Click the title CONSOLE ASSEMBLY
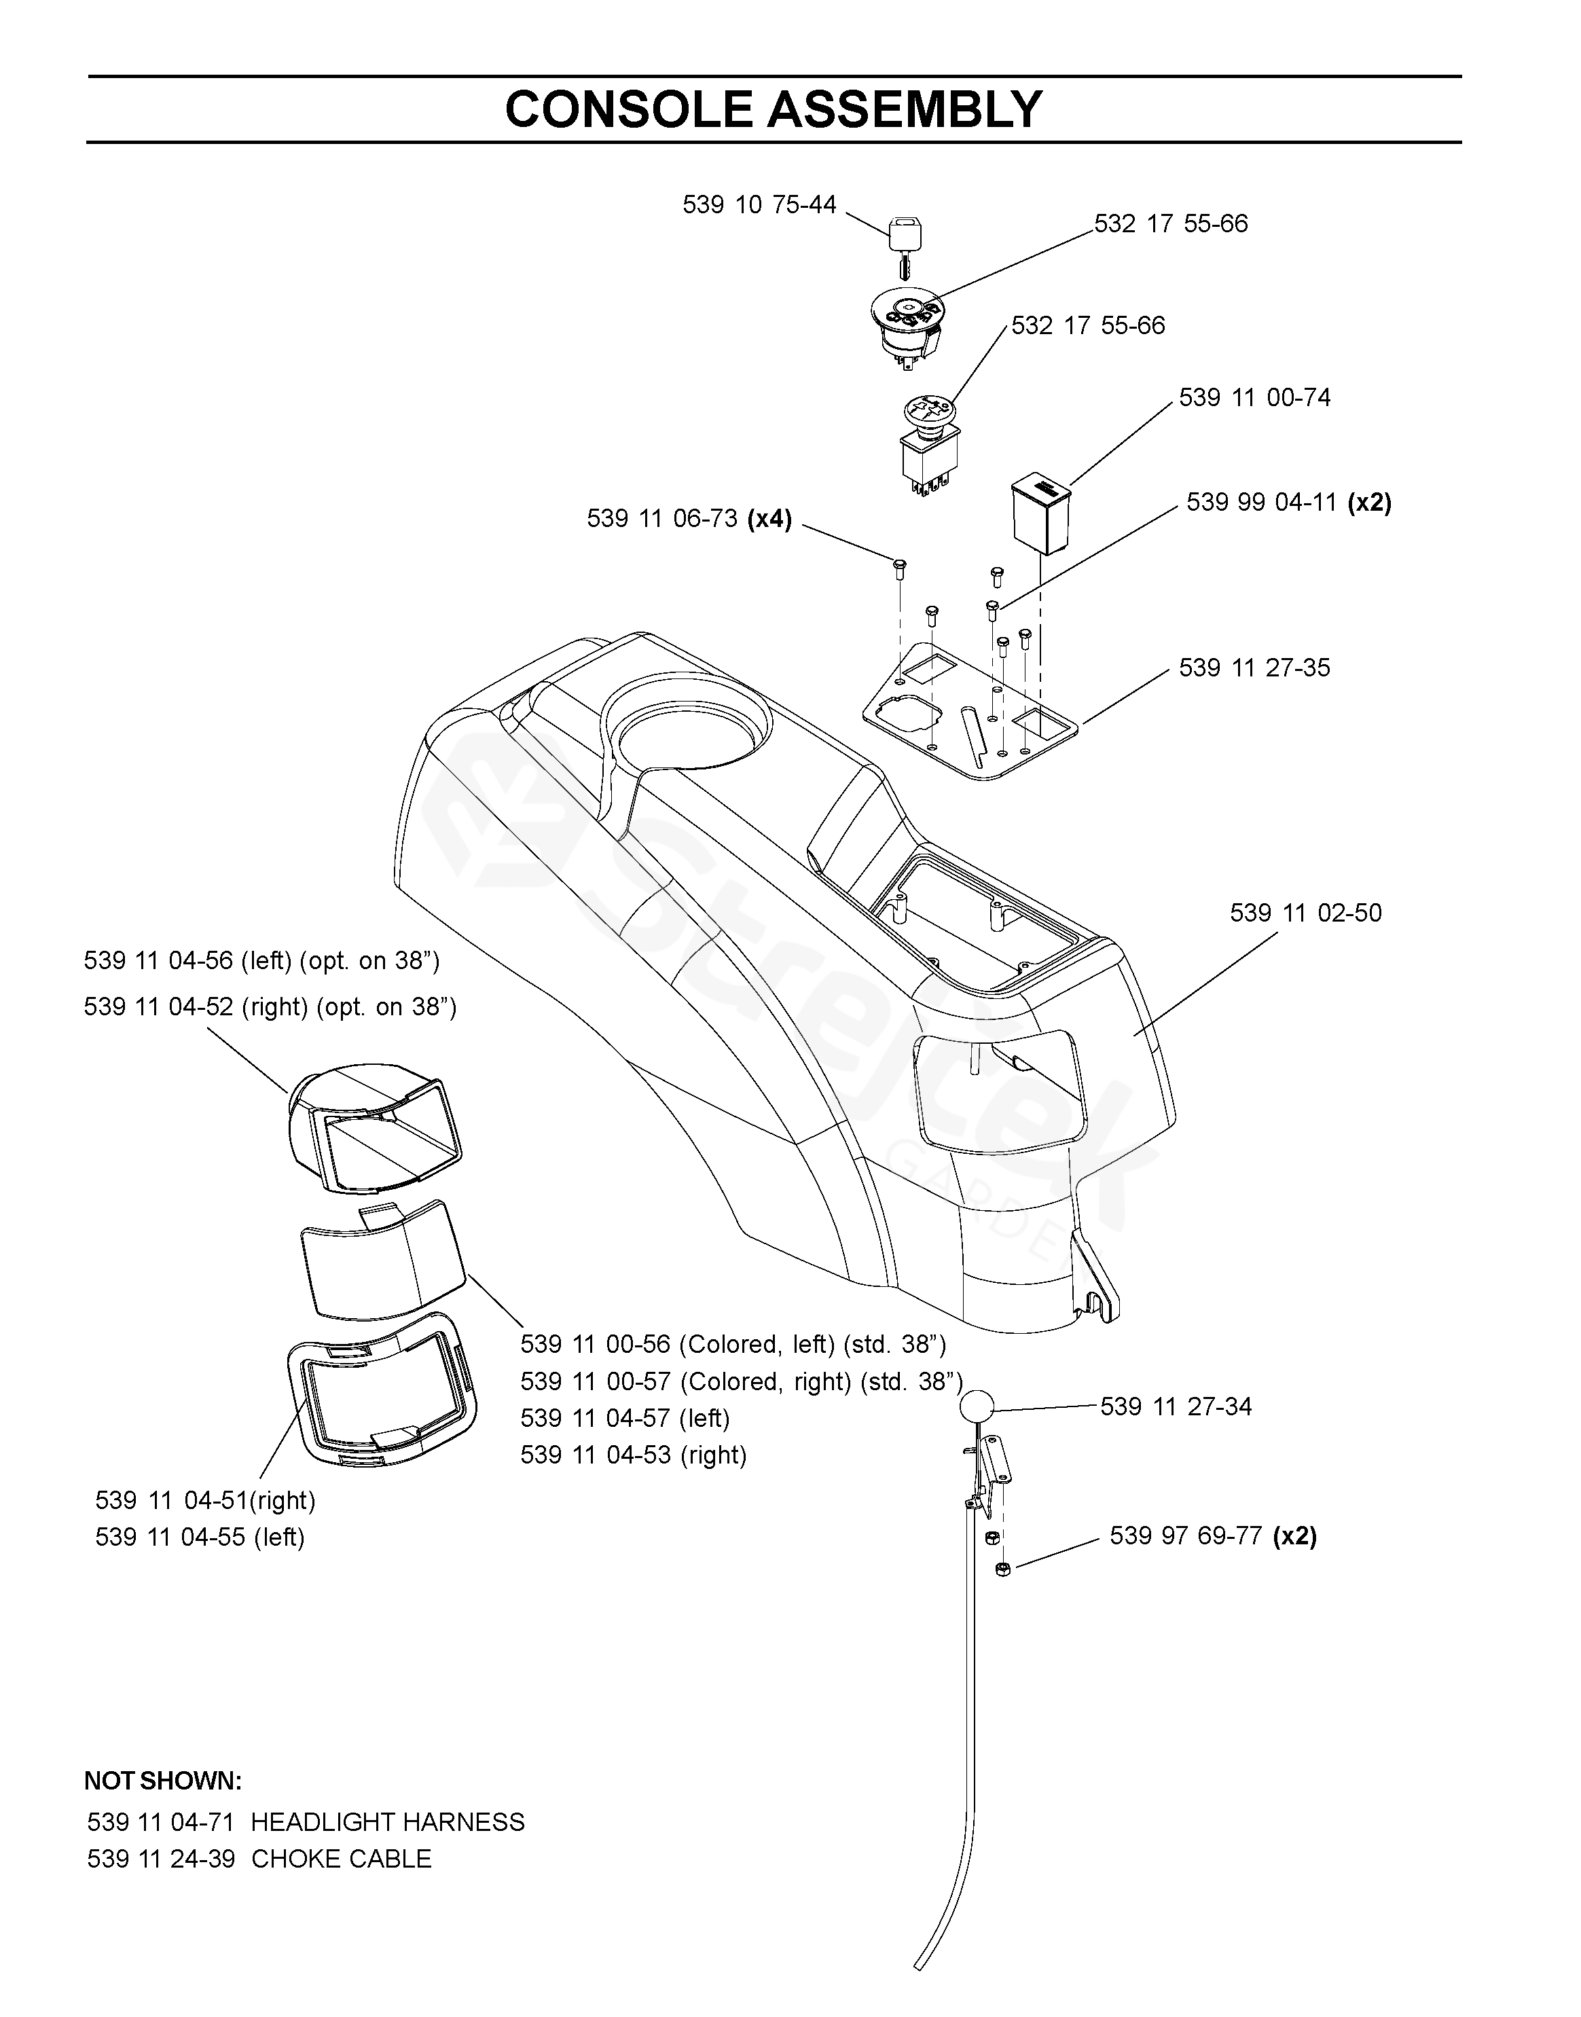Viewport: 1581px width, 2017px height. (x=774, y=109)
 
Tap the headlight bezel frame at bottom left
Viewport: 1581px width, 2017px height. (x=382, y=1392)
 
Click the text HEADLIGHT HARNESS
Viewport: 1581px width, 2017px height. (x=388, y=1823)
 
